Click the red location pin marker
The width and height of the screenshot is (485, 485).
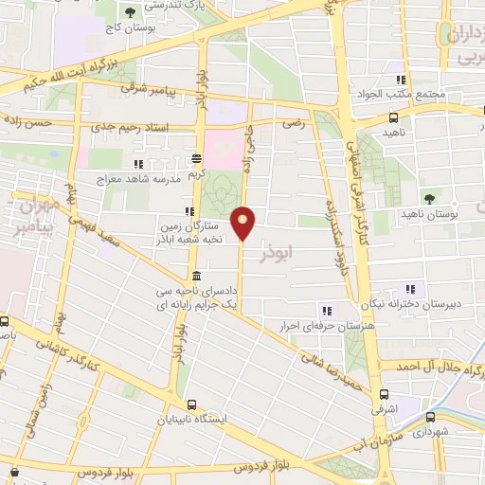243,224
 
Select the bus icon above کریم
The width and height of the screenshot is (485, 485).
196,159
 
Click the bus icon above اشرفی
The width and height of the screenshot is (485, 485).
384,394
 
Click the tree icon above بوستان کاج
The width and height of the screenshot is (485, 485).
129,12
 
